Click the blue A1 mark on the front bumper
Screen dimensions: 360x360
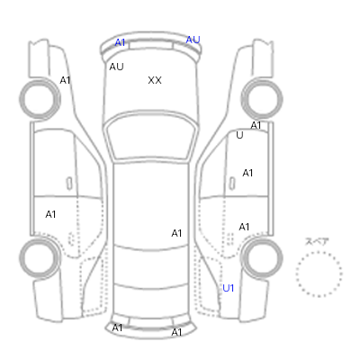[120, 42]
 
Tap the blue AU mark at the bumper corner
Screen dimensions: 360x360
[193, 40]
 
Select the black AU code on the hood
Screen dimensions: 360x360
[116, 67]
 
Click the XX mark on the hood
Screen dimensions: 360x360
[155, 80]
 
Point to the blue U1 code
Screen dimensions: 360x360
[228, 288]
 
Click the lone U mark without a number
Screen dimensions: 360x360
[239, 135]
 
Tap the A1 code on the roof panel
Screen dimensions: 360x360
[176, 233]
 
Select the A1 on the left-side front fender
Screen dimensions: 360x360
[65, 80]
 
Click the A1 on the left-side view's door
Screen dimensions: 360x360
[50, 214]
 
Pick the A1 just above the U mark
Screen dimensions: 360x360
[256, 125]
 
